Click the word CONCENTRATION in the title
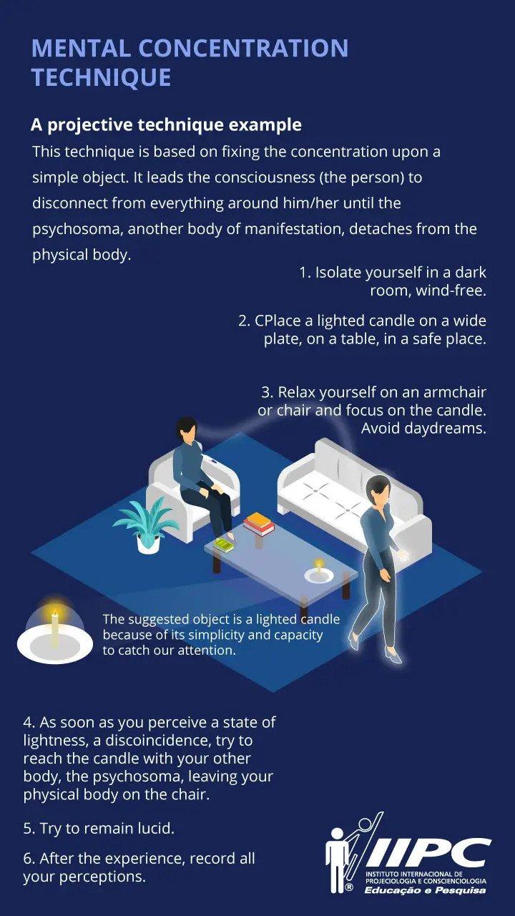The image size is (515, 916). tap(244, 48)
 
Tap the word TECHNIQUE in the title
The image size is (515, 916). tap(101, 77)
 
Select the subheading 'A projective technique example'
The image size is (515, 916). tap(167, 125)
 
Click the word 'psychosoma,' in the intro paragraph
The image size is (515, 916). tap(78, 230)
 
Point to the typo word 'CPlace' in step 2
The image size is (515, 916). tap(278, 321)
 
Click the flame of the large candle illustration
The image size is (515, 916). tap(55, 613)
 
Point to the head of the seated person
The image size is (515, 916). tap(187, 429)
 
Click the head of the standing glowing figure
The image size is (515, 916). tap(378, 490)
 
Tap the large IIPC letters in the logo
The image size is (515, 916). tap(428, 852)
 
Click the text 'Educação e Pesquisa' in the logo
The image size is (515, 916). tap(425, 891)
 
